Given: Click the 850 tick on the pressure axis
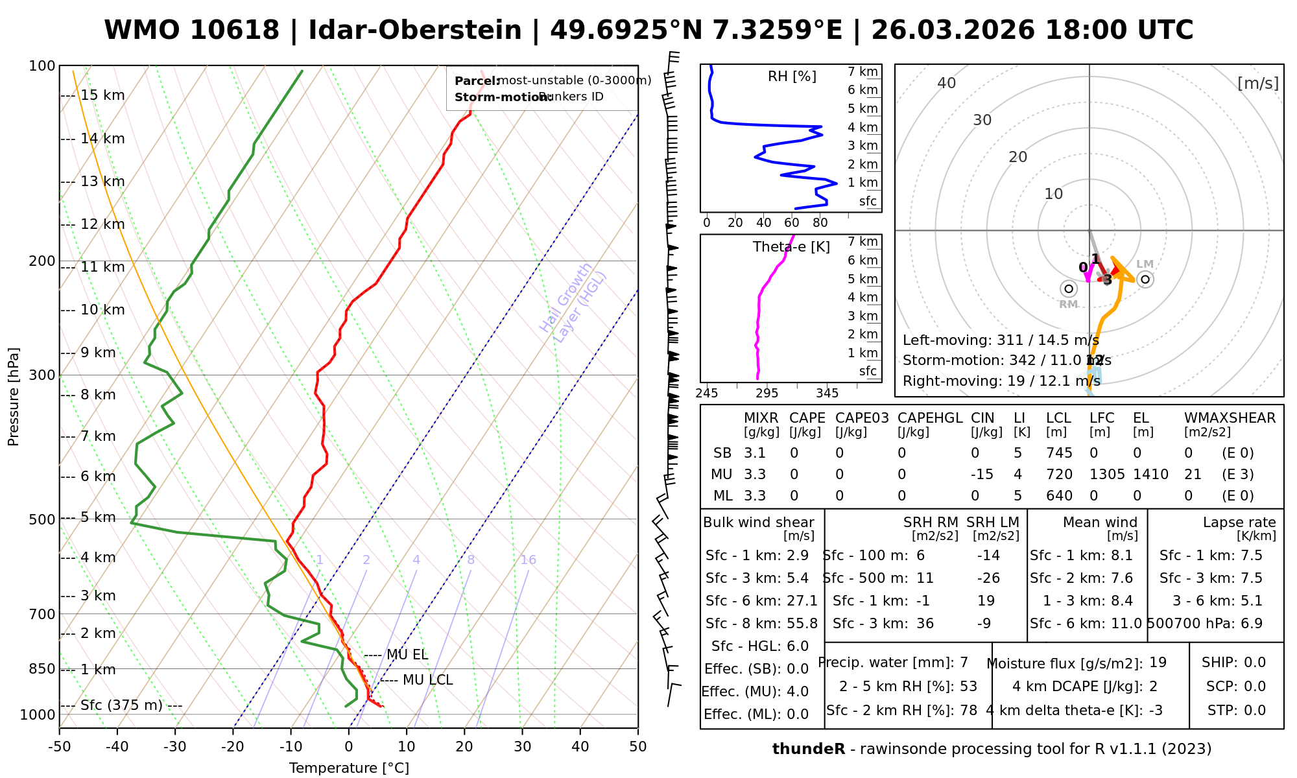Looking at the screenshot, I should tap(43, 669).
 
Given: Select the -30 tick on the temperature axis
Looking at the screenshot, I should tap(175, 747).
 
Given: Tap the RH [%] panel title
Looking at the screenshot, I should tap(792, 77).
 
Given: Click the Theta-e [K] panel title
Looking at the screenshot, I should tap(791, 247).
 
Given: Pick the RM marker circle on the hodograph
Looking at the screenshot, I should tap(1069, 289).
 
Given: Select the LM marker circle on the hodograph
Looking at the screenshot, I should tap(1145, 279).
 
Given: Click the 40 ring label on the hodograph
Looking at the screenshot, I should tap(947, 83).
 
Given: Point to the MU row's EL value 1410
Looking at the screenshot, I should tap(1150, 475).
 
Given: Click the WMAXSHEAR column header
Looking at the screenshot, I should tap(1230, 418).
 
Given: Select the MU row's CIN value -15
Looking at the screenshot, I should tap(982, 475).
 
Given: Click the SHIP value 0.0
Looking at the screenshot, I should tap(1255, 663).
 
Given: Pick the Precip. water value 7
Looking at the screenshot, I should tap(964, 663).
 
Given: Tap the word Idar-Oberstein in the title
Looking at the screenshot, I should tap(415, 30).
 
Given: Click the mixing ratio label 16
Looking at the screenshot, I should tap(528, 560).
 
